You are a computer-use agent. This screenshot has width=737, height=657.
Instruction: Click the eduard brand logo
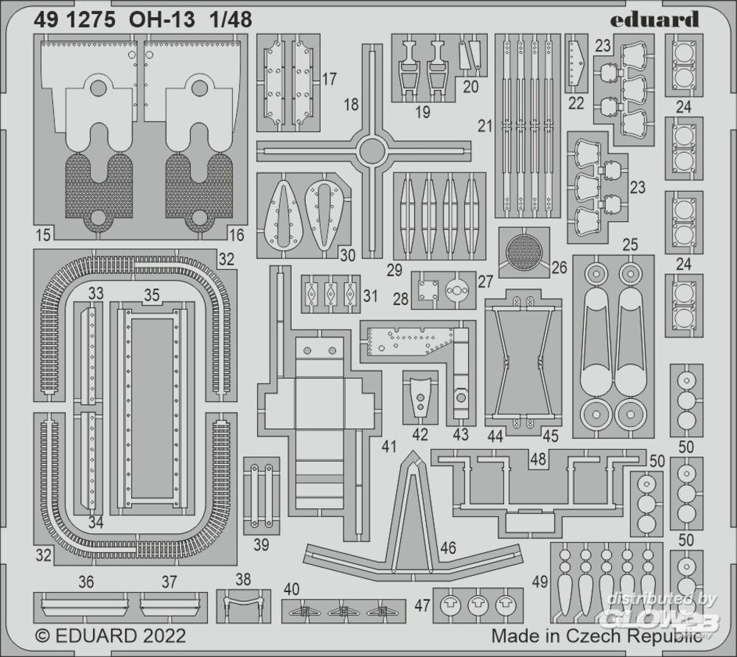pyautogui.click(x=654, y=19)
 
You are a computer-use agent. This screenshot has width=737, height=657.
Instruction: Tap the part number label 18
pyautogui.click(x=351, y=104)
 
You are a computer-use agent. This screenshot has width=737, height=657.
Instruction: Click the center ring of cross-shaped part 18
pyautogui.click(x=371, y=151)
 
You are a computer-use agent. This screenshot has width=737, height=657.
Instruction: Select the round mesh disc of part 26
pyautogui.click(x=523, y=252)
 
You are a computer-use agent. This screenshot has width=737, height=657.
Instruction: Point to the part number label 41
pyautogui.click(x=389, y=446)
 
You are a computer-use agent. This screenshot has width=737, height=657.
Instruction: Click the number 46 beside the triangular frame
pyautogui.click(x=448, y=547)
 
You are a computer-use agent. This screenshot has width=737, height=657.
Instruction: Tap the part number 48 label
pyautogui.click(x=538, y=459)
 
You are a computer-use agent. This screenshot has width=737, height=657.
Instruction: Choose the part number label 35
pyautogui.click(x=152, y=296)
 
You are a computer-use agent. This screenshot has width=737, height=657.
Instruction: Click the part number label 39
pyautogui.click(x=261, y=545)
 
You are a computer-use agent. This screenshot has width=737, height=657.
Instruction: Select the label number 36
pyautogui.click(x=86, y=582)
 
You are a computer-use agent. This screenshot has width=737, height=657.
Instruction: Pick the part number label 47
pyautogui.click(x=422, y=605)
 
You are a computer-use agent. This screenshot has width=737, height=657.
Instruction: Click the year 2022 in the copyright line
pyautogui.click(x=163, y=636)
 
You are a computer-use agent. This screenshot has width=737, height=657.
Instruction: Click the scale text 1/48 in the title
pyautogui.click(x=231, y=20)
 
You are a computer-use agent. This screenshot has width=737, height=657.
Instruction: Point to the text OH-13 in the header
pyautogui.click(x=161, y=20)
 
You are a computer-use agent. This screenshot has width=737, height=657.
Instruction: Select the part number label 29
pyautogui.click(x=394, y=270)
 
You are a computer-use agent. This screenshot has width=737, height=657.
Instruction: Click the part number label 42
pyautogui.click(x=420, y=434)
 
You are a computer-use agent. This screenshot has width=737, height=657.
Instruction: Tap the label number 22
pyautogui.click(x=576, y=103)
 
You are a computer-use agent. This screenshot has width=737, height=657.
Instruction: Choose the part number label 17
pyautogui.click(x=329, y=79)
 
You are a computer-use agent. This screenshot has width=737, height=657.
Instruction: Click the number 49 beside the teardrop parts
pyautogui.click(x=539, y=582)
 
